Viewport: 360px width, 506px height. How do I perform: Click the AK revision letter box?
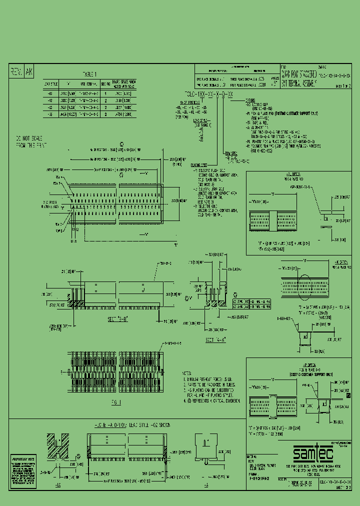[28, 72]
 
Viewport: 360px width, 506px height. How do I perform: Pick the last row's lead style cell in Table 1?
[49, 114]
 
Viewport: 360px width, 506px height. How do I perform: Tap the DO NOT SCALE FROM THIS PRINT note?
[29, 141]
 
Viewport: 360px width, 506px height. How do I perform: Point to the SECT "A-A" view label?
[215, 339]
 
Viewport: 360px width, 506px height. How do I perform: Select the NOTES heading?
[186, 373]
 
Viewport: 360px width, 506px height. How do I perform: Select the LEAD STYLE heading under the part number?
[199, 120]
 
